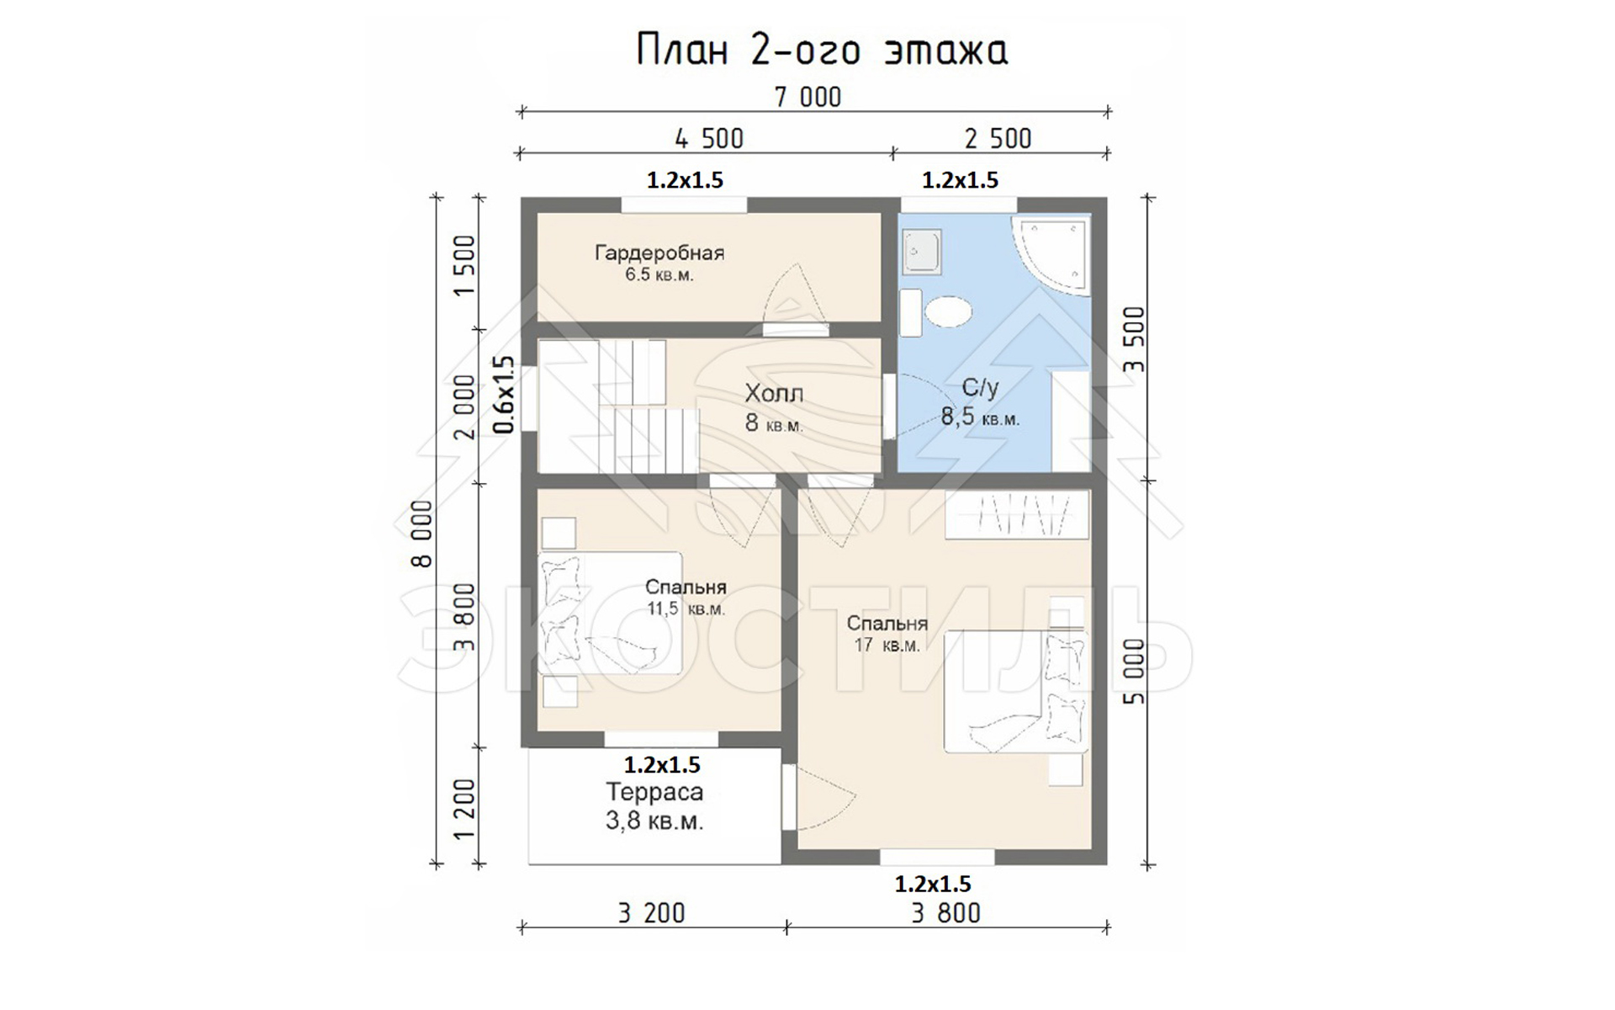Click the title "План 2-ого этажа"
click(822, 50)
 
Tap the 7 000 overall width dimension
click(807, 98)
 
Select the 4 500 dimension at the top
click(709, 139)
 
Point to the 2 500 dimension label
click(998, 139)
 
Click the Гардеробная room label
click(659, 252)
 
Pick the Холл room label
click(774, 393)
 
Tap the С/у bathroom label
click(980, 387)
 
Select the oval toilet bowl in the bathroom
click(948, 313)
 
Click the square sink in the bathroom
click(921, 252)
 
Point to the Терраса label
click(654, 792)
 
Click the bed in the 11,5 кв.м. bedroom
click(610, 613)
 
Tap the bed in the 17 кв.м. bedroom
click(1016, 691)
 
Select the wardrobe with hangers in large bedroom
click(1017, 515)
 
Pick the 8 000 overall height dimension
click(422, 534)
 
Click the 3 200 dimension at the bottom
click(652, 913)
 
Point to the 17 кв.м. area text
click(887, 646)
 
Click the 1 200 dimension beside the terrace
click(464, 810)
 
